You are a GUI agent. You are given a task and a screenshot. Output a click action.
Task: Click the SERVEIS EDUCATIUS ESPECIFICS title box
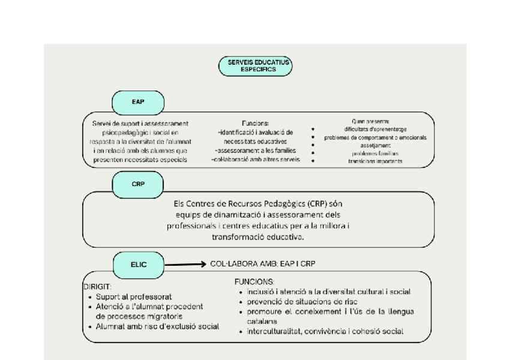click(x=255, y=66)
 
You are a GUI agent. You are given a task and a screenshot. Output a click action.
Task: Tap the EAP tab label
click(x=138, y=101)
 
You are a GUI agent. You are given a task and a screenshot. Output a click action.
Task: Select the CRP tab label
click(x=138, y=184)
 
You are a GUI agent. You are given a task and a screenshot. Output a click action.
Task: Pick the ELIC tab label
click(x=138, y=263)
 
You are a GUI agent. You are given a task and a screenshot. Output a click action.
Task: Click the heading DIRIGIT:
click(x=97, y=287)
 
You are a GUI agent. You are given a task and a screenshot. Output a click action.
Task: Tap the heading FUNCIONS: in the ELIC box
click(x=254, y=281)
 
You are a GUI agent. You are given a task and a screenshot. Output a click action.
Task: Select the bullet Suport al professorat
click(x=134, y=296)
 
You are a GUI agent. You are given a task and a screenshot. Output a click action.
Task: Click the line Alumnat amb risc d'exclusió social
click(x=157, y=326)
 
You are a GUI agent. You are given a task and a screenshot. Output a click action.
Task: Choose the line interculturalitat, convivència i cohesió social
click(x=325, y=331)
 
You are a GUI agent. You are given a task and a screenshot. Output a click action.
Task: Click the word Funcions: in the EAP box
click(x=255, y=122)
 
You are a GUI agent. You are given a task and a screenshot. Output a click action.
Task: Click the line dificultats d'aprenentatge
click(x=375, y=128)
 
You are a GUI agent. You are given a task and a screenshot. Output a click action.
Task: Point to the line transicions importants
click(x=375, y=161)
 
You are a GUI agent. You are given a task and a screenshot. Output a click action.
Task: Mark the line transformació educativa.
click(x=258, y=237)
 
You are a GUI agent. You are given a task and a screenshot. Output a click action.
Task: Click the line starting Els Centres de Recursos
click(x=258, y=204)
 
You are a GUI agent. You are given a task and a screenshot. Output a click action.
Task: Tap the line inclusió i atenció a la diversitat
click(x=324, y=292)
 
